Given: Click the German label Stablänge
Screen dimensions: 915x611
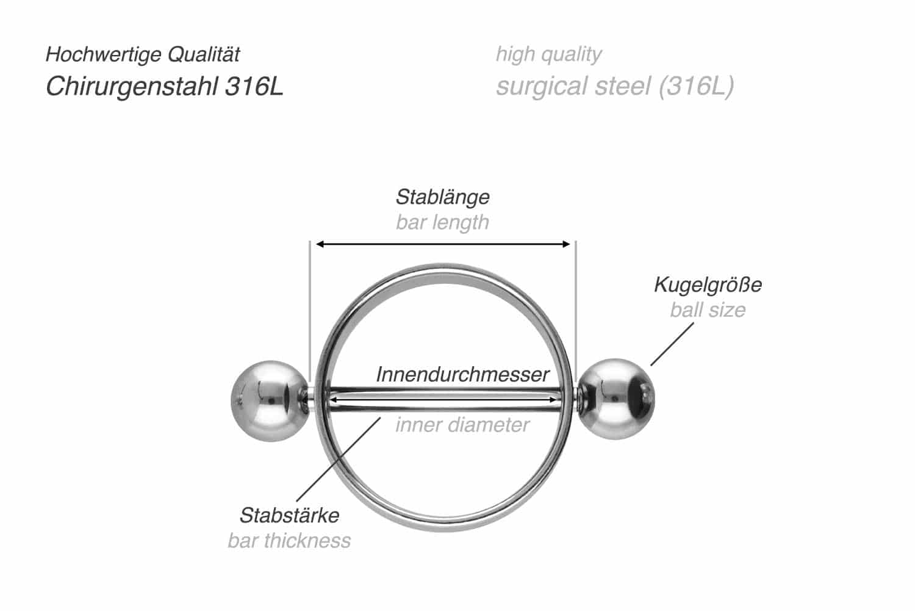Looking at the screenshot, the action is [x=442, y=197].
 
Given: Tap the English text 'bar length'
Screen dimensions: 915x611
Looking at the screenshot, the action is [x=442, y=223].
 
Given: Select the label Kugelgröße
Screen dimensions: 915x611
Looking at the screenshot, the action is [x=708, y=285].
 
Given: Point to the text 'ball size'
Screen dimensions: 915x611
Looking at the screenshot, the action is [x=708, y=310].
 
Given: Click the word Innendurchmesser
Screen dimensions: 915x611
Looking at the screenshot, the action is [x=462, y=374].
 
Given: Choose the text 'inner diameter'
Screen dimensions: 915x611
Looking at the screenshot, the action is [x=462, y=425].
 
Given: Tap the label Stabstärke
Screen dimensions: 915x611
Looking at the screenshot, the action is [x=289, y=515].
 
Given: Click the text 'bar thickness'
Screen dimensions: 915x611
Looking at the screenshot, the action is [x=289, y=541].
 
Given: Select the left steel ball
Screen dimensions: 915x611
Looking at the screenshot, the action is [x=270, y=401].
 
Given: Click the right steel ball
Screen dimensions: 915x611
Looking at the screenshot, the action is [x=616, y=399].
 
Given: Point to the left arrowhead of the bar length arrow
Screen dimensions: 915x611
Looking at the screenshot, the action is [x=320, y=244].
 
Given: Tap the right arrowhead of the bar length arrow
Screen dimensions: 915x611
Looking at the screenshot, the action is [x=566, y=244].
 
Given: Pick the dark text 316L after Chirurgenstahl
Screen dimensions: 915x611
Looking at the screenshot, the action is [x=254, y=86].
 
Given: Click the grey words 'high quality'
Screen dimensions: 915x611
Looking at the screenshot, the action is [x=548, y=55].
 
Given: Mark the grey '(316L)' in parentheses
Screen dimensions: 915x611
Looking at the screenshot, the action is [x=697, y=86].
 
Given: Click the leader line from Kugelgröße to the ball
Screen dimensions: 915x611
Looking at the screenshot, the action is [x=672, y=344].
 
